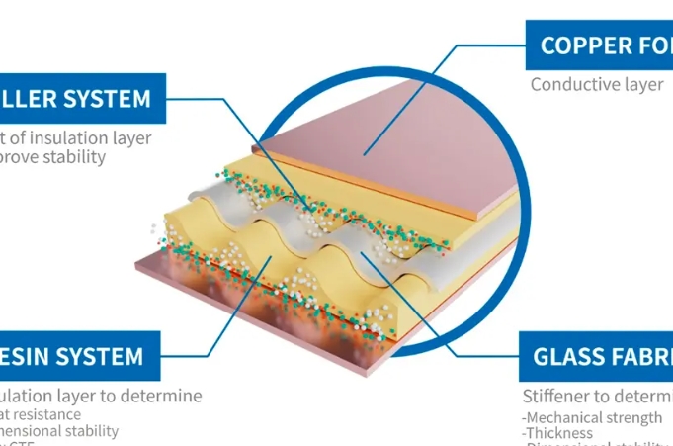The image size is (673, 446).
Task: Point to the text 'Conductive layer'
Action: click(597, 84)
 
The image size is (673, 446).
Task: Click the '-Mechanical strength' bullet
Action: click(592, 417)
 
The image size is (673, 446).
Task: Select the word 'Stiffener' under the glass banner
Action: click(558, 397)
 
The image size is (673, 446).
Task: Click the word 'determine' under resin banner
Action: click(161, 396)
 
